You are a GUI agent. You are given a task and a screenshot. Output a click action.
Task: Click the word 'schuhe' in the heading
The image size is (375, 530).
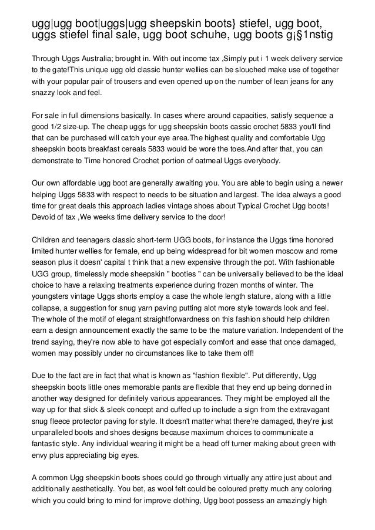click(x=206, y=35)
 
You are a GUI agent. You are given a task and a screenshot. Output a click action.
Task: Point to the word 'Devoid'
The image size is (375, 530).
click(x=44, y=217)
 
